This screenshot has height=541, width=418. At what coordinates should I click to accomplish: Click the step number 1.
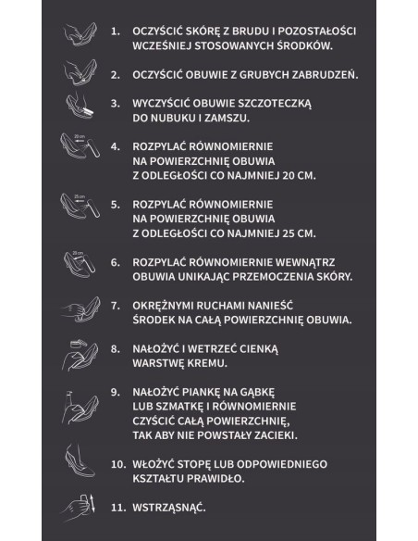(115, 31)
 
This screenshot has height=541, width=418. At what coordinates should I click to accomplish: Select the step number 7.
(115, 304)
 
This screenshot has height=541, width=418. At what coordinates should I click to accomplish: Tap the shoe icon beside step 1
(80, 34)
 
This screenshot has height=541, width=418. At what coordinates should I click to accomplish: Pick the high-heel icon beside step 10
(79, 459)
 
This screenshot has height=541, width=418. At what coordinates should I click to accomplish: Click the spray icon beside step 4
(80, 149)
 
